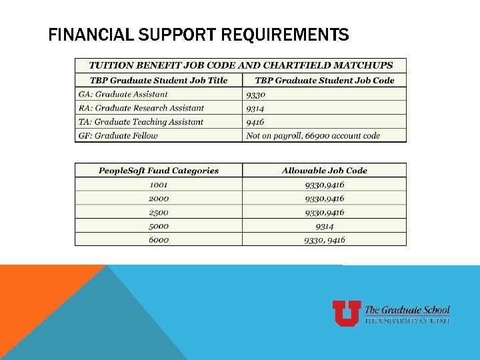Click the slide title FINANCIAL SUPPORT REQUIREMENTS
point(199,35)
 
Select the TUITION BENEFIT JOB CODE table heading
point(241,65)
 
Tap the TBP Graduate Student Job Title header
point(159,80)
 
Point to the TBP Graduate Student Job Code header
point(325,80)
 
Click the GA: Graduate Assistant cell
point(123,94)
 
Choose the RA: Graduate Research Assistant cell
point(141,108)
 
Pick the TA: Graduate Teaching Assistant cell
point(141,122)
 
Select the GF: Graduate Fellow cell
point(118,135)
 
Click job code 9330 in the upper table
point(255,94)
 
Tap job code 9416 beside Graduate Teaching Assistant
point(255,122)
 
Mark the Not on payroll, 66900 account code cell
point(313,135)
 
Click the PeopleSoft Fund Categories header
point(159,171)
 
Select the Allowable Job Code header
point(325,171)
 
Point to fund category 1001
point(159,185)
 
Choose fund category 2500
point(159,212)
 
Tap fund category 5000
point(159,226)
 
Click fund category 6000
point(159,240)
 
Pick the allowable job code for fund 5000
point(325,226)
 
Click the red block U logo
point(347,313)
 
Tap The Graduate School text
point(407,310)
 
